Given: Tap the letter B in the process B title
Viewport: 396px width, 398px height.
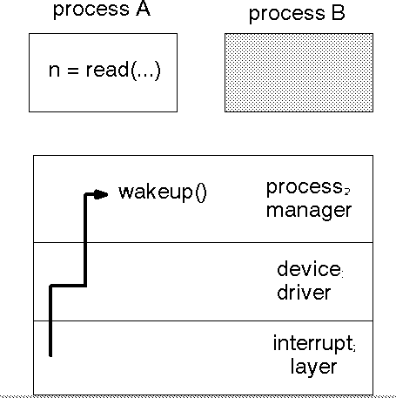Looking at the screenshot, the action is pos(339,13).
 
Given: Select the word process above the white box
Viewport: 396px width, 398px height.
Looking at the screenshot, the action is pos(91,10).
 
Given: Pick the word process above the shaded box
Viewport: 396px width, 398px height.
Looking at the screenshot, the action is pos(287,15).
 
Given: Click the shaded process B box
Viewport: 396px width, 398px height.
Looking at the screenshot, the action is pos(299,72).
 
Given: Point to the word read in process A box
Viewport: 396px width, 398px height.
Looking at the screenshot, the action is pos(107,70).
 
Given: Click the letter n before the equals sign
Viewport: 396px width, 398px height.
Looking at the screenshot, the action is pos(54,71).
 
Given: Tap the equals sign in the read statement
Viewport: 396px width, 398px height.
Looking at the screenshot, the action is pos(73,71).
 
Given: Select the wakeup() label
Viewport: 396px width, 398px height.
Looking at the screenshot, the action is pos(163,192).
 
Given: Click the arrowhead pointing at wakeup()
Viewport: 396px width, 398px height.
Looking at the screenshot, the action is pos(101,194).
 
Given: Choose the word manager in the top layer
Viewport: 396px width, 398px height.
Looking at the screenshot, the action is pos(309,211).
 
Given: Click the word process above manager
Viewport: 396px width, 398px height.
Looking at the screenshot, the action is pos(305,188).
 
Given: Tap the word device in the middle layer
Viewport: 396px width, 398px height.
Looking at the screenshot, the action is pos(309,269).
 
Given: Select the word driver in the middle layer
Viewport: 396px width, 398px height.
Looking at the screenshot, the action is pos(304,292).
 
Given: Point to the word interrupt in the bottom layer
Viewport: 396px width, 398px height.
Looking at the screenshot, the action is pos(313,344).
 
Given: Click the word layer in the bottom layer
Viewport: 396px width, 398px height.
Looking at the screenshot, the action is pos(313,368).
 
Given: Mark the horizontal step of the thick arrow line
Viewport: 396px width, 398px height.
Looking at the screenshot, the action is pos(68,286).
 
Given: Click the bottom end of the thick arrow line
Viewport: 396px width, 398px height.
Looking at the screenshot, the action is pos(50,355).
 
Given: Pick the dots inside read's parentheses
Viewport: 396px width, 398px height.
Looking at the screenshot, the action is pos(145,75).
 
